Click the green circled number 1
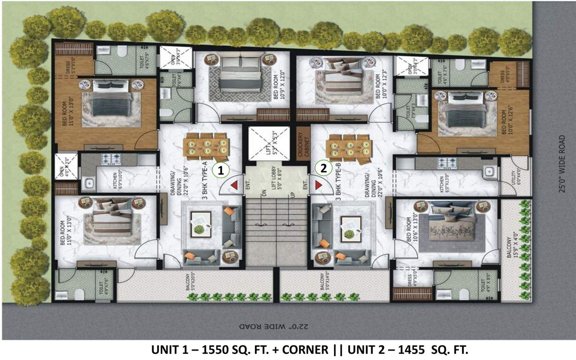tap(221, 169)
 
